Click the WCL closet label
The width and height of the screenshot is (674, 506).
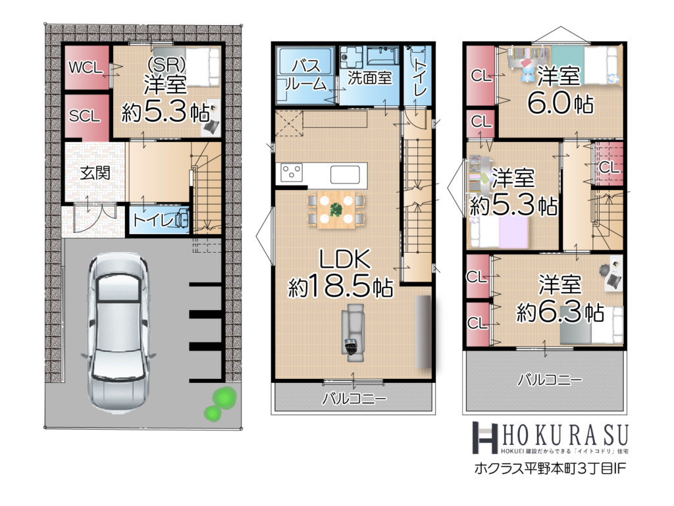86,68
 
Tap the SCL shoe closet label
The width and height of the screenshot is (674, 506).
85,116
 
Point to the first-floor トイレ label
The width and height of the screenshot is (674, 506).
153,220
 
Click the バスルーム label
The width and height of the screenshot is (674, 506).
305,75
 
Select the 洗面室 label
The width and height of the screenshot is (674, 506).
370,78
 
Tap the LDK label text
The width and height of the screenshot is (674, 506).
344,259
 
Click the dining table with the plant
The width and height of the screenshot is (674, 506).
336,210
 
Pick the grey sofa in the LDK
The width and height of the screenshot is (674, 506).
353,330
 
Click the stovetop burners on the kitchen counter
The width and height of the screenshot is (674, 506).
292,172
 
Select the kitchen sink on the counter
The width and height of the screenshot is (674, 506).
345,174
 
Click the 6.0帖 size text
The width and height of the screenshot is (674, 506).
561,103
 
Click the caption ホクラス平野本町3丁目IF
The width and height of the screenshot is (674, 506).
550,468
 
